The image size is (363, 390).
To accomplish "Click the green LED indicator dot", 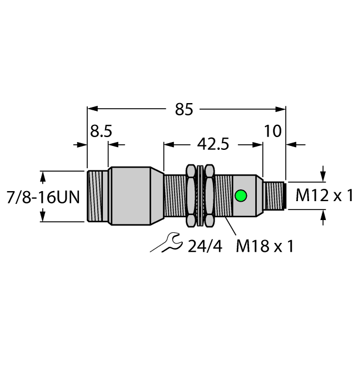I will [x=241, y=196].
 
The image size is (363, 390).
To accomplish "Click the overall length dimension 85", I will [x=183, y=110].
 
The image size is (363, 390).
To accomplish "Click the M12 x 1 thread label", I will [x=324, y=196].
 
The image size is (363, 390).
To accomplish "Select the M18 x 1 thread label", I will [x=263, y=246].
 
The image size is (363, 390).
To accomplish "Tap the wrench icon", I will [x=166, y=243].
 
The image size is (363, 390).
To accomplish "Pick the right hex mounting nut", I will [x=209, y=196].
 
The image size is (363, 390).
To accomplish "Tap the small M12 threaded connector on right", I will [x=274, y=196].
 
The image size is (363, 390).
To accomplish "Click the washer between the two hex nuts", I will [x=201, y=196].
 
